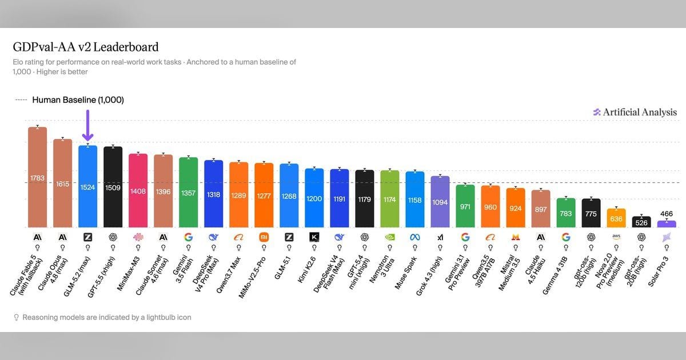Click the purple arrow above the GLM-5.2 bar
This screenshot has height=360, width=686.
click(x=87, y=126)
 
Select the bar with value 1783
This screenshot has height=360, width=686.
click(x=37, y=177)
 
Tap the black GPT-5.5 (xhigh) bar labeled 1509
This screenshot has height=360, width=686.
click(x=113, y=187)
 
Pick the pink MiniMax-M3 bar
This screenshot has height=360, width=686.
click(x=138, y=191)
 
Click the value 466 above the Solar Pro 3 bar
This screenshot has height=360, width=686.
click(x=667, y=214)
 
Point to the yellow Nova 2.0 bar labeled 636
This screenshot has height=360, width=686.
click(x=616, y=218)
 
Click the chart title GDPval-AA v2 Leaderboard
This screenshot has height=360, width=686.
click(x=86, y=47)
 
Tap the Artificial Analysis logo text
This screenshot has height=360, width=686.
click(x=640, y=113)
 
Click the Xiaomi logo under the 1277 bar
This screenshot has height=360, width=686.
click(x=264, y=237)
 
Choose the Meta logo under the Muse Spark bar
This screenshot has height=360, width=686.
click(x=415, y=237)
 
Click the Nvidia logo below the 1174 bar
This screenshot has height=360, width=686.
click(x=390, y=237)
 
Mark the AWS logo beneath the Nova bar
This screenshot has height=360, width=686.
click(x=616, y=237)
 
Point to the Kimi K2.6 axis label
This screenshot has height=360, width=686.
click(x=306, y=270)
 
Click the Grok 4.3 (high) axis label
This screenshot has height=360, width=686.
click(x=429, y=276)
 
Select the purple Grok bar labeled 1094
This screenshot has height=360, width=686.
click(x=440, y=202)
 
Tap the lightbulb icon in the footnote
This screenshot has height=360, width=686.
click(x=17, y=318)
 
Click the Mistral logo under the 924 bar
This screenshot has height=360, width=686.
click(x=516, y=237)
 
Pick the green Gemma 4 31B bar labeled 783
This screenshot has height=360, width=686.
click(x=566, y=213)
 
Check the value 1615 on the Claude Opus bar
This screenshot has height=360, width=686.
click(x=62, y=184)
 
